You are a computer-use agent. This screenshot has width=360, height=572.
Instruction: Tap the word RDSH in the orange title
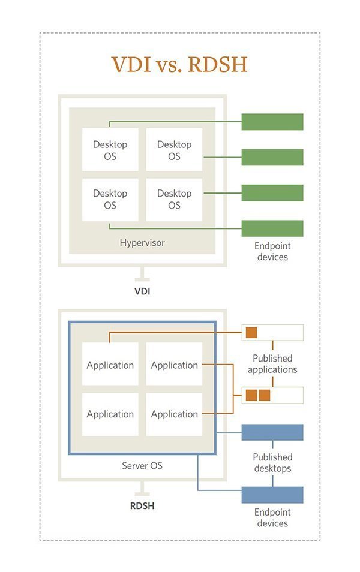[x=217, y=64]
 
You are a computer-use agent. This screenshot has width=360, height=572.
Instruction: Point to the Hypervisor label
[x=142, y=243]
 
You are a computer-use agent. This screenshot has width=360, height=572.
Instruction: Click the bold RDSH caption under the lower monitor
[x=142, y=505]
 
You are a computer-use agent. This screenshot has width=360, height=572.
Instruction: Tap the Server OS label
[x=142, y=465]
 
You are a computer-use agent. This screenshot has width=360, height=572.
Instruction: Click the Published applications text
[x=272, y=364]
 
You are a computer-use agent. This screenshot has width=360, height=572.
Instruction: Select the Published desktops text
[x=272, y=463]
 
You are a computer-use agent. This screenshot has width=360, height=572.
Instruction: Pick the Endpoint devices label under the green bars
[x=272, y=251]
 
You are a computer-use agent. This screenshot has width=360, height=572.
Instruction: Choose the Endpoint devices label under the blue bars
[x=272, y=517]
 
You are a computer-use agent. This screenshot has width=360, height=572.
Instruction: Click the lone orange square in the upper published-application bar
[x=251, y=332]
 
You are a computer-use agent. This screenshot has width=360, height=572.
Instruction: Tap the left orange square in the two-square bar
[x=251, y=395]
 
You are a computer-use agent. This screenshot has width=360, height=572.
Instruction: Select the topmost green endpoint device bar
[x=272, y=122]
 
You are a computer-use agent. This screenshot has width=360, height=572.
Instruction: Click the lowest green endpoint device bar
[x=272, y=228]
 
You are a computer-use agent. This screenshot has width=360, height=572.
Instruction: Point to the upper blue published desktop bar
[x=272, y=432]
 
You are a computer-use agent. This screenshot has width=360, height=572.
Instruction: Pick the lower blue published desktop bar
[x=272, y=495]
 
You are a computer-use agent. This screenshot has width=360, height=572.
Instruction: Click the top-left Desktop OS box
[x=110, y=150]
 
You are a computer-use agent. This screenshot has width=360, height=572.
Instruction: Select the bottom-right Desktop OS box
[x=174, y=199]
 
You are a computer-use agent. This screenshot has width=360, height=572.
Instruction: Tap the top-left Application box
[x=110, y=365]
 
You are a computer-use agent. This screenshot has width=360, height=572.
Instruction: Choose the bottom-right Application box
[x=174, y=414]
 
